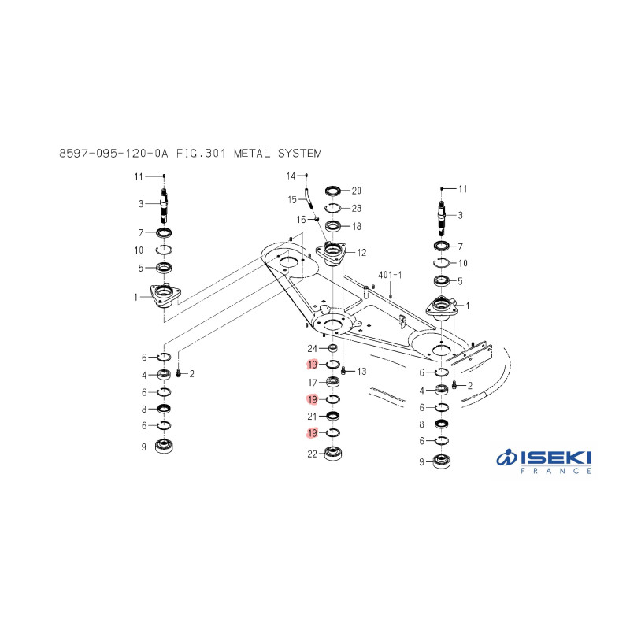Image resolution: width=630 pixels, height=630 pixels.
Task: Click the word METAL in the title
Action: coord(252,154)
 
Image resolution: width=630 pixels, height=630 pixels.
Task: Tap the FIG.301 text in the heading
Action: coord(201,154)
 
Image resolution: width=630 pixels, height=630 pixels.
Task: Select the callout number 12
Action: coord(361,253)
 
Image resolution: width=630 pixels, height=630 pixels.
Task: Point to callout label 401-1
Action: coord(390,275)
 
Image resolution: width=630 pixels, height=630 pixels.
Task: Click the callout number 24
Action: coord(312,349)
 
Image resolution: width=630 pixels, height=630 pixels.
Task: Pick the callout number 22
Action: coord(312,454)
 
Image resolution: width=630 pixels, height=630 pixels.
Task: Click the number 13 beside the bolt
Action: coord(361,371)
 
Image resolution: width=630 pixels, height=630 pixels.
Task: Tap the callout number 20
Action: coord(357,191)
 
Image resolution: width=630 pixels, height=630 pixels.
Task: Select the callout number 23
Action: coord(357,209)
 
